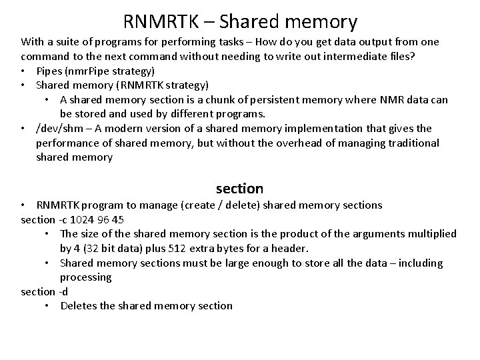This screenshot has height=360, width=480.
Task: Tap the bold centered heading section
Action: (x=239, y=189)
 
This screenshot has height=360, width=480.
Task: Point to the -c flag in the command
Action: (x=64, y=219)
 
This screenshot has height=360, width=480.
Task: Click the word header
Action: (x=291, y=248)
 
